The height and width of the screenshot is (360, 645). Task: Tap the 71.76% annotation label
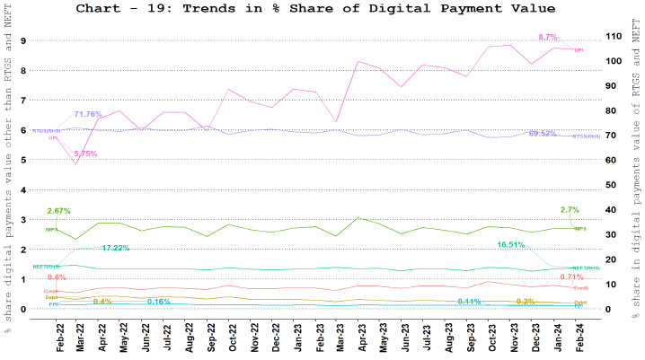coord(87,114)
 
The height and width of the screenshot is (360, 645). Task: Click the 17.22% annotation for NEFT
coord(117,247)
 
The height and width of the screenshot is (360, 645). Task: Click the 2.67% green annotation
coord(58,210)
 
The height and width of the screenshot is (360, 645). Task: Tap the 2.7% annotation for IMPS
coord(569,210)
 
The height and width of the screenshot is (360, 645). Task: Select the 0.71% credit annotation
coord(571,277)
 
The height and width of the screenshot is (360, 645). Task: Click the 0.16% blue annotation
coord(158,301)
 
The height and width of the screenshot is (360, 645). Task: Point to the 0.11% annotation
coord(469,301)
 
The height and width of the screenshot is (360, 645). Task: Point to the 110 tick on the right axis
coord(614,36)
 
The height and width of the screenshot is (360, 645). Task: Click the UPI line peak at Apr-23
coord(358,62)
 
